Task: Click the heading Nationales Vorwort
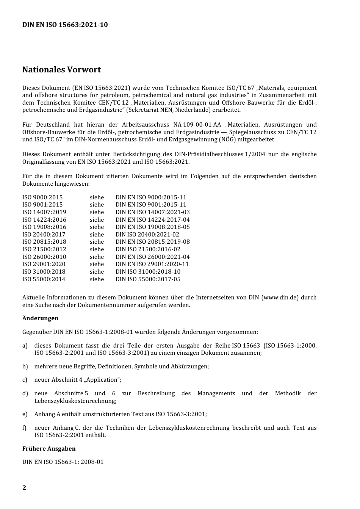61,70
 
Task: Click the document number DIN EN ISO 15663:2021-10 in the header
65,25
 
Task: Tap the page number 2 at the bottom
24,488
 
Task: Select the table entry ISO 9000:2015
42,197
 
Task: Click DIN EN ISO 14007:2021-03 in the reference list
152,212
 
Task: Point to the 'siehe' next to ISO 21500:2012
97,249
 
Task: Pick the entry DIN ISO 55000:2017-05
148,279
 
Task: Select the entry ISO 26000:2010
44,257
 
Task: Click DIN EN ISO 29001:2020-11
152,264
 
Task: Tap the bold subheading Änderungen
40,318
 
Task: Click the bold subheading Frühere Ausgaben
49,449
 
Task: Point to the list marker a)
25,346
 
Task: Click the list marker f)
25,428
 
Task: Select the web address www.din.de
280,298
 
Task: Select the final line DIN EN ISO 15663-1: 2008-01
63,462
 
